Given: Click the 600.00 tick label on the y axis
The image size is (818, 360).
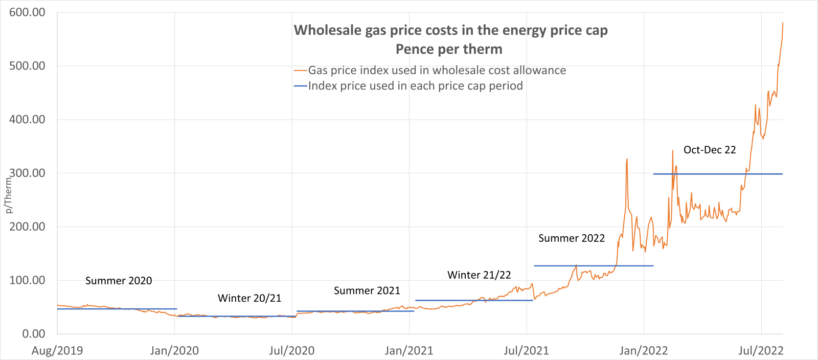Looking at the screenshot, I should coord(27,12).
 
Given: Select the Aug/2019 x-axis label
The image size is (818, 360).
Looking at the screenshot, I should coord(57,351).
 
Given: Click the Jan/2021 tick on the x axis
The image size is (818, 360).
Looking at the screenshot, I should coord(409,351).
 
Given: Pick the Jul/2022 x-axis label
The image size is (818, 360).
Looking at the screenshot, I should coord(761,351).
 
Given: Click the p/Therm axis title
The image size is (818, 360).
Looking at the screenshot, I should coord(8,195).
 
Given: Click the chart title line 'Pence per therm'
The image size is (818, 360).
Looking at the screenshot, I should coord(449,49).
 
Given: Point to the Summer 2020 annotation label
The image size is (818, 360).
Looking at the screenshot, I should coord(119,281).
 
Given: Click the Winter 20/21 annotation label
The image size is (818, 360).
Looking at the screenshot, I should coord(249,298).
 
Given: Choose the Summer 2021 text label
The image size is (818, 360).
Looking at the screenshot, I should coord(367,290).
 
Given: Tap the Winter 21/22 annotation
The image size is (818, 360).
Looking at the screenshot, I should coord(479,275).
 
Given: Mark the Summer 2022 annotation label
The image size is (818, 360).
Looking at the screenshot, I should coord(572,238).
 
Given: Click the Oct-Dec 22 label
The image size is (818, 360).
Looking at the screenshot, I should coord(710,150).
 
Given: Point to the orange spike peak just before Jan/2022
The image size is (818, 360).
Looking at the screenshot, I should coord(627,160).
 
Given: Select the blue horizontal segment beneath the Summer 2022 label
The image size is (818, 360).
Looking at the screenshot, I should coord(593,266).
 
